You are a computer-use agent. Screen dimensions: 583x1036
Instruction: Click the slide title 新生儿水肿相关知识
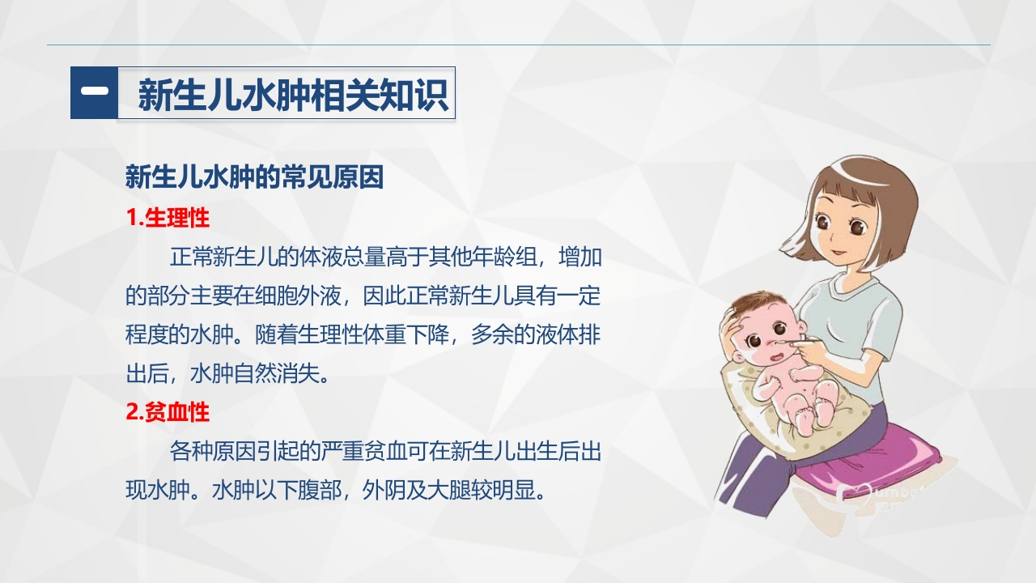(292, 95)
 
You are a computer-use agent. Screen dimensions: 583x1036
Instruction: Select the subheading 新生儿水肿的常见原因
(254, 177)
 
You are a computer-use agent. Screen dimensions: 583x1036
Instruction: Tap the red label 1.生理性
(168, 218)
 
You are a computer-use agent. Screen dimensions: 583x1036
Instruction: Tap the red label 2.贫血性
(168, 412)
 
